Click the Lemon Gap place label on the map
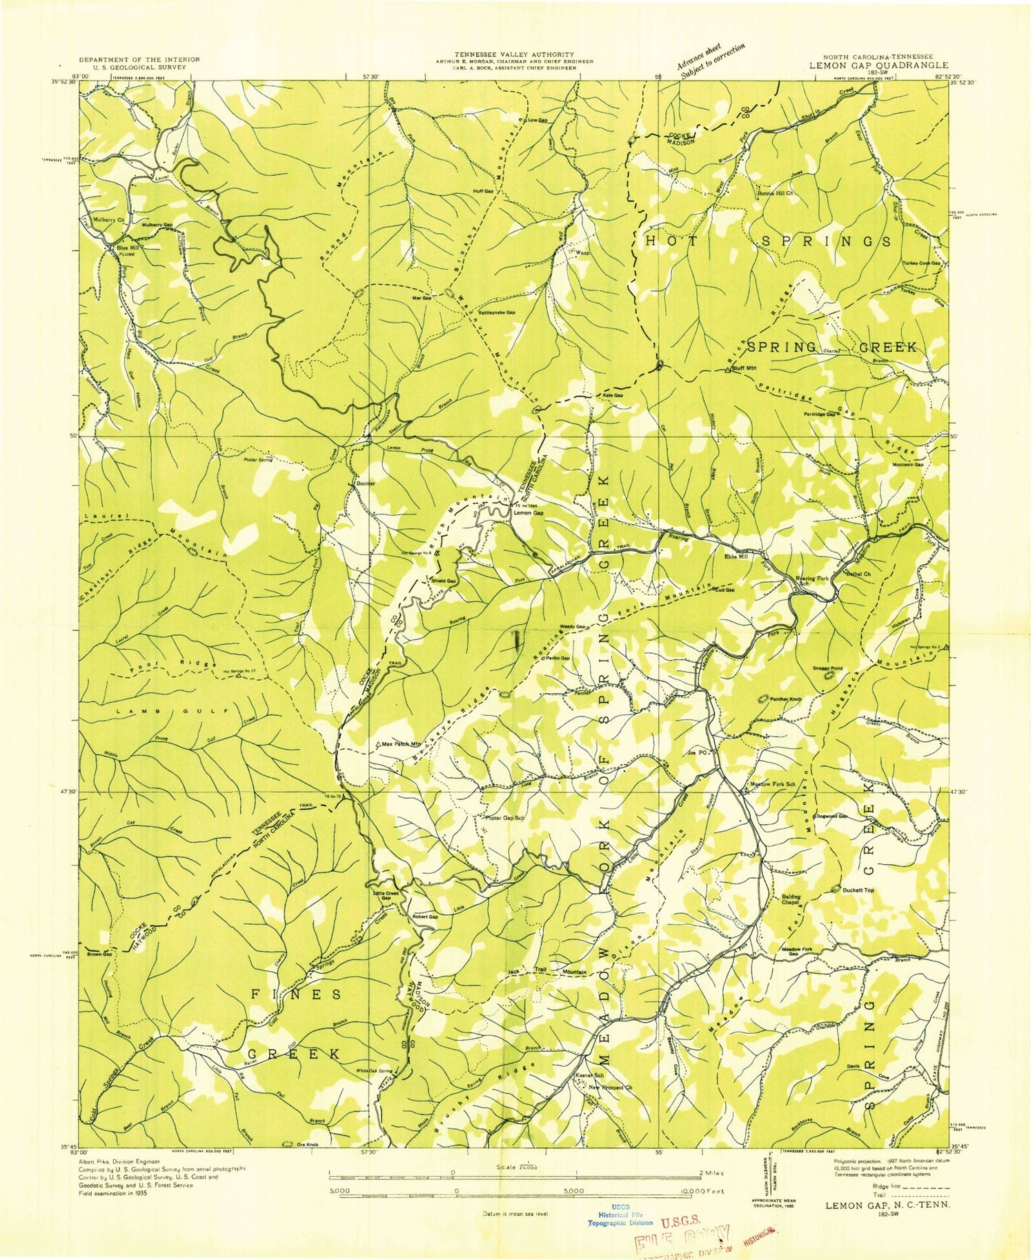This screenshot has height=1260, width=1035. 528,513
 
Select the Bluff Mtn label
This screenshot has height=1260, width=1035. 744,368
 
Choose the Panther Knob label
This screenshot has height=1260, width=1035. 785,699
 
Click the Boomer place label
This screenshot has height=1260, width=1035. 366,483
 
